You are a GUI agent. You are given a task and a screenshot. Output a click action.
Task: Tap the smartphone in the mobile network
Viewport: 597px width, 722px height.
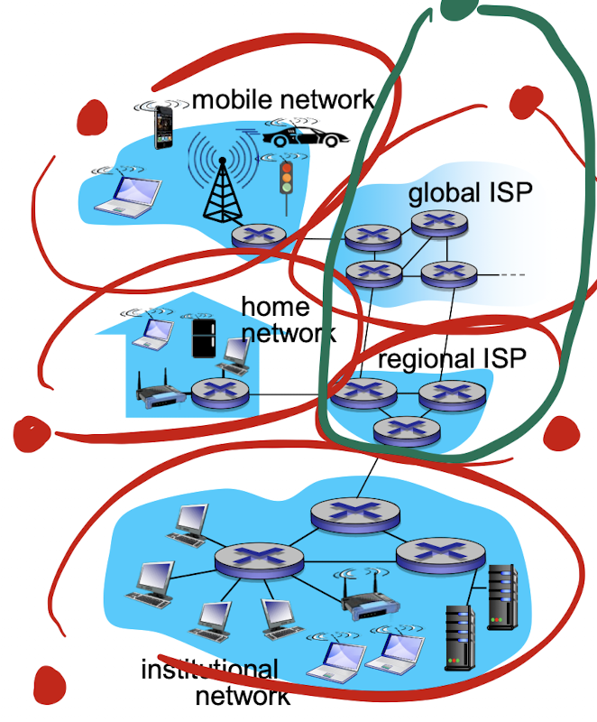(163, 126)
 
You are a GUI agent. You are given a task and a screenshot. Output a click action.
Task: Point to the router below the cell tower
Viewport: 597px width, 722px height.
(258, 236)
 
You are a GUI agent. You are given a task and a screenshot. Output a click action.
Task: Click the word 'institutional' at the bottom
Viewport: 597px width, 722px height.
(209, 670)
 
